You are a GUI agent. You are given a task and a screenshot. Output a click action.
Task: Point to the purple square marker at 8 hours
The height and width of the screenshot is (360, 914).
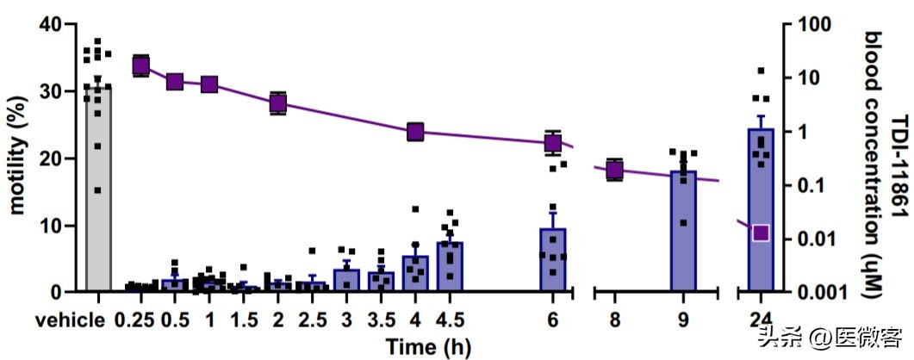coord(614,170)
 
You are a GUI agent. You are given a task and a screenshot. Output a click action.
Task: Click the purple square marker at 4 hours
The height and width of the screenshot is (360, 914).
coord(415,132)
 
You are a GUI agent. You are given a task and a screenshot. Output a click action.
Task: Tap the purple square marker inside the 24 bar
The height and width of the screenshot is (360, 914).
coord(761,233)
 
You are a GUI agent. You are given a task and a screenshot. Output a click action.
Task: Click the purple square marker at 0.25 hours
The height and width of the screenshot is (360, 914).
coord(141,65)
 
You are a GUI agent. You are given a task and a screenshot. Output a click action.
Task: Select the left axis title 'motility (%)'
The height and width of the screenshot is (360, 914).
coord(17,159)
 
